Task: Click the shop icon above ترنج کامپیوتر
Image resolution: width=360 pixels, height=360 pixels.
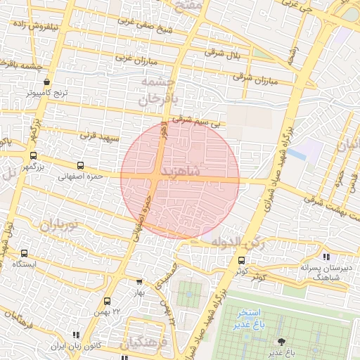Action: [x=46, y=80]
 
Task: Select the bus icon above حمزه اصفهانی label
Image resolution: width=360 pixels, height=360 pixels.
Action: [x=79, y=165]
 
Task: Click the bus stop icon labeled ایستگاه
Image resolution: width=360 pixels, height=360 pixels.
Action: [x=25, y=253]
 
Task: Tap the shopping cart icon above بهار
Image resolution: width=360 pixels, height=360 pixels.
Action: [x=139, y=282]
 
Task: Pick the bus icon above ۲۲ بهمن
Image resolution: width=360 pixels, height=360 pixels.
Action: [x=107, y=300]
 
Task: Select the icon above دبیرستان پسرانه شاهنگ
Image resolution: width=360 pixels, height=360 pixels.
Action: [x=326, y=257]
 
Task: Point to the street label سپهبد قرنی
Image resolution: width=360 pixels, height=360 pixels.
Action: [x=96, y=134]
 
